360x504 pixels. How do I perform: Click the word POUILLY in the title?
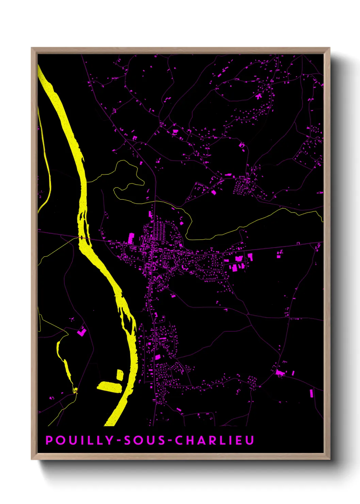pyautogui.click(x=79, y=440)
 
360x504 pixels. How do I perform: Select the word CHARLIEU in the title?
pyautogui.click(x=214, y=440)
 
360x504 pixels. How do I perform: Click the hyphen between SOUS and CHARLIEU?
pyautogui.click(x=170, y=441)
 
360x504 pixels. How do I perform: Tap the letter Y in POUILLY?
pyautogui.click(x=109, y=440)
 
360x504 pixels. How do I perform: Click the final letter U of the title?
pyautogui.click(x=250, y=440)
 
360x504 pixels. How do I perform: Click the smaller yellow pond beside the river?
pyautogui.click(x=120, y=375)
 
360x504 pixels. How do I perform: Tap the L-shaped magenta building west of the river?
pyautogui.click(x=82, y=331)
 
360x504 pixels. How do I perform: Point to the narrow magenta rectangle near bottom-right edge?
pyautogui.click(x=311, y=393)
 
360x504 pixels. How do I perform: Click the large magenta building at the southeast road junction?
pyautogui.click(x=280, y=373)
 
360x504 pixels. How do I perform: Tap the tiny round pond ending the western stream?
pyautogui.click(x=76, y=390)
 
